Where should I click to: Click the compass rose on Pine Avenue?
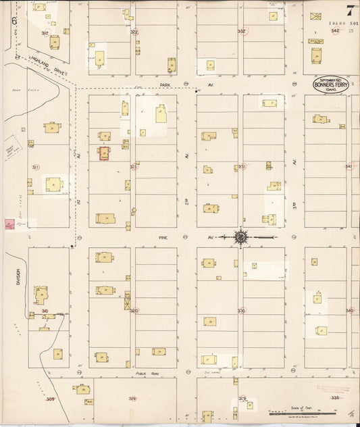pos(241,236)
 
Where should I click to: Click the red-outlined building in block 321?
pos(105,154)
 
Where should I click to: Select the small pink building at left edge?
pos(9,224)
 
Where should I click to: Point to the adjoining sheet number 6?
pos(13,20)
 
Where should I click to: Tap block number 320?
pos(134,311)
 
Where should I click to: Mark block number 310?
pos(45,311)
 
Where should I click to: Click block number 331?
pos(241,166)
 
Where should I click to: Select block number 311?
pos(35,167)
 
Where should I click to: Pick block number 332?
pos(241,31)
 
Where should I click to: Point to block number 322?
pos(134,32)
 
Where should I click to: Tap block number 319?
pos(132,399)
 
